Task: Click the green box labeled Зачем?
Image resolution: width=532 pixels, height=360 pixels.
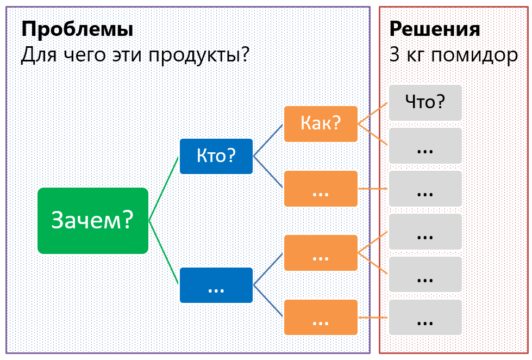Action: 92,220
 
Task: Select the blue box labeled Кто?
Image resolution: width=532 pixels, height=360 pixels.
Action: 216,156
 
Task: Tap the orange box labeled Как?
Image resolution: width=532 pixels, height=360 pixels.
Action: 321,124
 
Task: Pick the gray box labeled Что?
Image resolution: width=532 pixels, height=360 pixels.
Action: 425,102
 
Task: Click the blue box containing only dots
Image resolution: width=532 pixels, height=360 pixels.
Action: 216,285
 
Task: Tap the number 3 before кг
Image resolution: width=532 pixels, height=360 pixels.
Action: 395,55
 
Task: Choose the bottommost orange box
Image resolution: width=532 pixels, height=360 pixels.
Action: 321,318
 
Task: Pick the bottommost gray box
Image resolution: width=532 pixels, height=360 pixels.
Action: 425,318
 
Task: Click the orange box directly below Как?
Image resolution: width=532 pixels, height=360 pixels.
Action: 321,189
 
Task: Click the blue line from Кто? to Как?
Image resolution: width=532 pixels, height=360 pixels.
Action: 268,140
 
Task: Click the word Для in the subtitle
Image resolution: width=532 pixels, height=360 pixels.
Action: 34,55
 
